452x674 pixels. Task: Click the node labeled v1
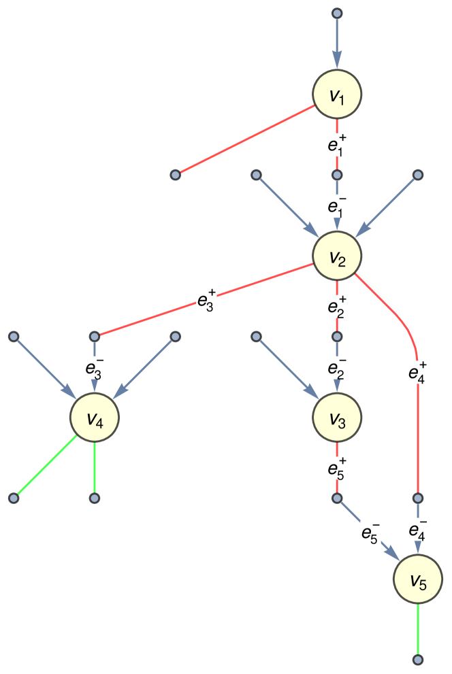(336, 95)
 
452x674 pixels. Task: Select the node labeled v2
(336, 256)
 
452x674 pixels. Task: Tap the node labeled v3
(336, 418)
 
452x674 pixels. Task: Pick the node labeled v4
(95, 418)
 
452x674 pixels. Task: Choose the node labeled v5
(418, 579)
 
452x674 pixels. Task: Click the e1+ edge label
(336, 144)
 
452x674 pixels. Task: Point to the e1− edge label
(336, 205)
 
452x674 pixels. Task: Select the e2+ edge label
(336, 306)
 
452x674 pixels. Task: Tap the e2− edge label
(336, 367)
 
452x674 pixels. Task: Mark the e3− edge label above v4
(95, 367)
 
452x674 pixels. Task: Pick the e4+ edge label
(417, 372)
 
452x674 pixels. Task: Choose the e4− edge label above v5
(418, 529)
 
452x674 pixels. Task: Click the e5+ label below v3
(336, 468)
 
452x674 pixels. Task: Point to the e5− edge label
(371, 532)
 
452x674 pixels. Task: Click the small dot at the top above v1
(336, 13)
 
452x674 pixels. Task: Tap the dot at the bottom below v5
(418, 660)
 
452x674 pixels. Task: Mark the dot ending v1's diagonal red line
(175, 175)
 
